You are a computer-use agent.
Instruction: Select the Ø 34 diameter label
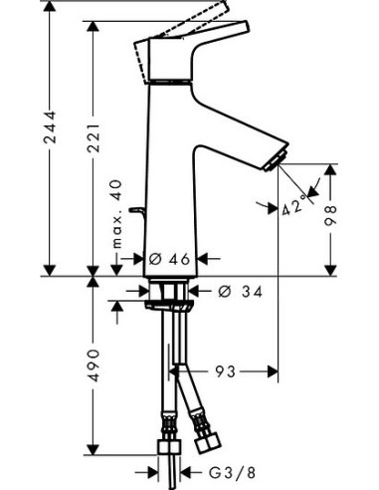click(235, 291)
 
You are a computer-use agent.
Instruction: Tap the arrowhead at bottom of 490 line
click(94, 469)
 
